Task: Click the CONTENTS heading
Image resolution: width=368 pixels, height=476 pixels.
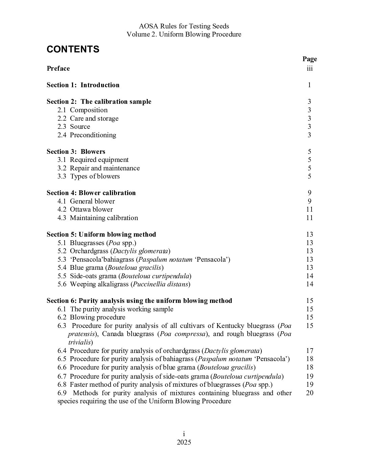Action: [x=73, y=49]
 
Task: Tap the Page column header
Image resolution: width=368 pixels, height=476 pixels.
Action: [x=309, y=59]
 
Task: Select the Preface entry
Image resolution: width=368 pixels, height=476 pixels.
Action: [x=58, y=69]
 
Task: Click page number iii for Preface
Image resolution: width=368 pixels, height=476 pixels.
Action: [x=309, y=69]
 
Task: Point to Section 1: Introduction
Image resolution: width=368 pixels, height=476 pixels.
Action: [x=83, y=85]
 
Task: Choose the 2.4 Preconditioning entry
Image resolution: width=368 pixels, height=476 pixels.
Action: [x=87, y=135]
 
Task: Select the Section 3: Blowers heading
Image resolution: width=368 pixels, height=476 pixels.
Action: [x=76, y=151]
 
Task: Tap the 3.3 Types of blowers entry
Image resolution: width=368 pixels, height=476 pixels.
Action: [x=88, y=176]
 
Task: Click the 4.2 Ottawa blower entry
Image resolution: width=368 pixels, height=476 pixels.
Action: [x=85, y=209]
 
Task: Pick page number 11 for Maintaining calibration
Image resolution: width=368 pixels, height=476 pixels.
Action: [x=309, y=218]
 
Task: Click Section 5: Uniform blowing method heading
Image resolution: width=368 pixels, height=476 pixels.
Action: [x=101, y=234]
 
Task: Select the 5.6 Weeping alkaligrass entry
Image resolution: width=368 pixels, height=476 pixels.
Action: [x=124, y=284]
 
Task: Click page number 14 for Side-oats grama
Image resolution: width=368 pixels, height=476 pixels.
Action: [x=309, y=276]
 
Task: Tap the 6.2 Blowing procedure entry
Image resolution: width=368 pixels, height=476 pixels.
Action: [x=91, y=317]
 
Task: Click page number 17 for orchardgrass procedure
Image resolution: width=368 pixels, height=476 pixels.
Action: [x=309, y=351]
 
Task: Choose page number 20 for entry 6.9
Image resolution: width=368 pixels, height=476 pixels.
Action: [x=309, y=393]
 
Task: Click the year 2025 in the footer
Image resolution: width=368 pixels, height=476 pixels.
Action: [x=184, y=443]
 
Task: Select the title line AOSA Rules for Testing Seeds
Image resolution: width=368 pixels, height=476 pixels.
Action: [x=184, y=26]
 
